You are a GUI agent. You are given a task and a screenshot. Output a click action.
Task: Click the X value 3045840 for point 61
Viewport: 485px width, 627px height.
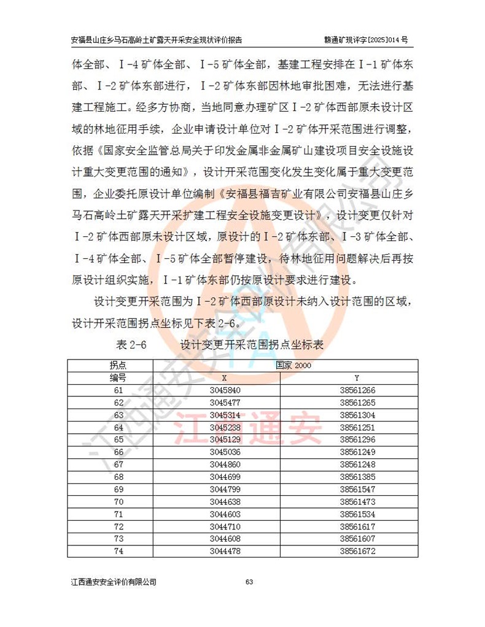pos(224,390)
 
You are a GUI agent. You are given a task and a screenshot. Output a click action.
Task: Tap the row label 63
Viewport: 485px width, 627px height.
pos(118,415)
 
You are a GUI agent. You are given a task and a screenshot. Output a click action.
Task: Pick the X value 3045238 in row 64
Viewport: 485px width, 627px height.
pos(224,427)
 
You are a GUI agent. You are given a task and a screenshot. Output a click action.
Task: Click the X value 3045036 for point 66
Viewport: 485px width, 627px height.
pos(224,452)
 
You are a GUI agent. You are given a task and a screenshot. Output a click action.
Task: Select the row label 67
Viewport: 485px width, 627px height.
pos(118,464)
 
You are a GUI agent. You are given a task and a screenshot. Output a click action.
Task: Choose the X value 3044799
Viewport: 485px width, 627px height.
pos(224,489)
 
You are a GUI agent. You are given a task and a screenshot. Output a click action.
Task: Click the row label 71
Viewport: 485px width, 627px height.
pos(118,514)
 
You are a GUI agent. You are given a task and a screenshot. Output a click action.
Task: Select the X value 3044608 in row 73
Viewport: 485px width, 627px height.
pos(224,539)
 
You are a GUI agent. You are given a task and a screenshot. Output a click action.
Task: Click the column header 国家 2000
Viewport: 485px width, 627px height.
pos(293,366)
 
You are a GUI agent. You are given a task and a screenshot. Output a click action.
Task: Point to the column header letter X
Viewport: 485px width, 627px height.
pos(224,378)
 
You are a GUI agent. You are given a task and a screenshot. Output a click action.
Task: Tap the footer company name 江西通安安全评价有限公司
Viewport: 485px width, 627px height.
pos(114,582)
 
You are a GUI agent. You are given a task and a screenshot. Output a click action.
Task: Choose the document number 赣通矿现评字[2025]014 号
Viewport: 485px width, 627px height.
pos(366,39)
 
